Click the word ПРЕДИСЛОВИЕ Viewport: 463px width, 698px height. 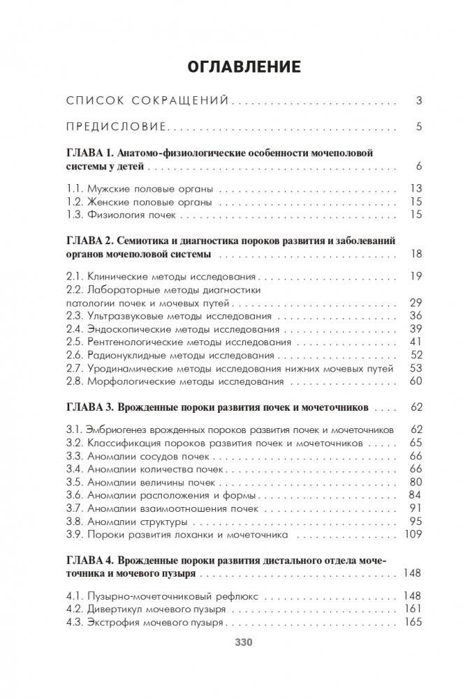click(x=116, y=127)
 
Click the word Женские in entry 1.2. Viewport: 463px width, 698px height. click(x=110, y=202)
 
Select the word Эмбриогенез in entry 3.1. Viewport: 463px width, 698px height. click(x=119, y=430)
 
